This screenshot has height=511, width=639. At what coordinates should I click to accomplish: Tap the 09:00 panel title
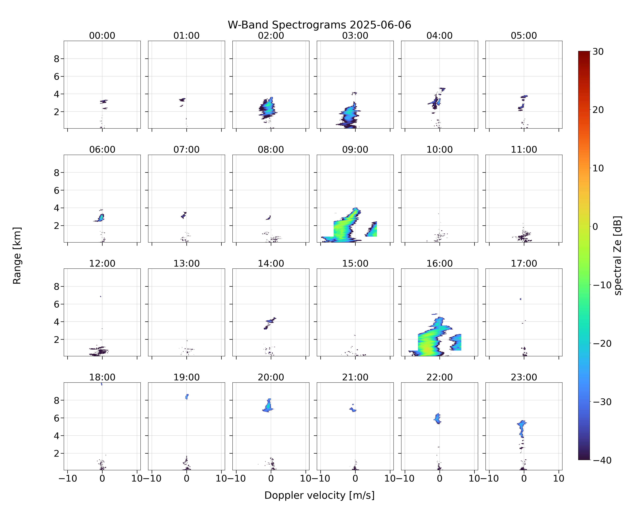pyautogui.click(x=355, y=150)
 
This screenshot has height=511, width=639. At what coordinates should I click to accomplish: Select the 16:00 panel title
pyautogui.click(x=439, y=263)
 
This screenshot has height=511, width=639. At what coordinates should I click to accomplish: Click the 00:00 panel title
pyautogui.click(x=102, y=36)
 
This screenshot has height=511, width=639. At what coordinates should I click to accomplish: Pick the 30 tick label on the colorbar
pyautogui.click(x=598, y=52)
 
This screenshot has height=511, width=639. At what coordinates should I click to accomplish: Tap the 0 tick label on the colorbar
pyautogui.click(x=595, y=227)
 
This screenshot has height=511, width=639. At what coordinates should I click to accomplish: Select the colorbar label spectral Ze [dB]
pyautogui.click(x=617, y=255)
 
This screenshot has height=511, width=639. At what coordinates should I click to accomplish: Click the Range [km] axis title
pyautogui.click(x=17, y=255)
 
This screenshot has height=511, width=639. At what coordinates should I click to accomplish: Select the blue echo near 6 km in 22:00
pyautogui.click(x=437, y=419)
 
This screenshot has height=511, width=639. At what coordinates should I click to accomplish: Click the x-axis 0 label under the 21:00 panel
pyautogui.click(x=355, y=478)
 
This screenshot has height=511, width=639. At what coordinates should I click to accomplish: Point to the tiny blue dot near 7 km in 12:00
pyautogui.click(x=101, y=296)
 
